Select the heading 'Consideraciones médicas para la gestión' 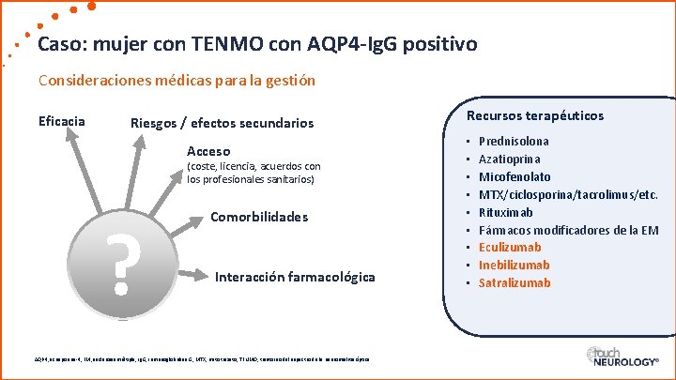(177, 81)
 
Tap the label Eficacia (62, 121)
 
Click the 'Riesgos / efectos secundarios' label (222, 124)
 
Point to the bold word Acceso (208, 151)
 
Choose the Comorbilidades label (259, 217)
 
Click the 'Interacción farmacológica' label (295, 277)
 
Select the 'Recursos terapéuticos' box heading (535, 116)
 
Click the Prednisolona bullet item (515, 141)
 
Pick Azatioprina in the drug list (511, 159)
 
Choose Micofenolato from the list (515, 176)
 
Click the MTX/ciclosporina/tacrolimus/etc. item (568, 194)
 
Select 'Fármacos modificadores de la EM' (568, 230)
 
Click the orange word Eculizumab (510, 248)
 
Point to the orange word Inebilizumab (514, 266)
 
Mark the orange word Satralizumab (515, 283)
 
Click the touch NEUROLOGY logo (621, 359)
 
